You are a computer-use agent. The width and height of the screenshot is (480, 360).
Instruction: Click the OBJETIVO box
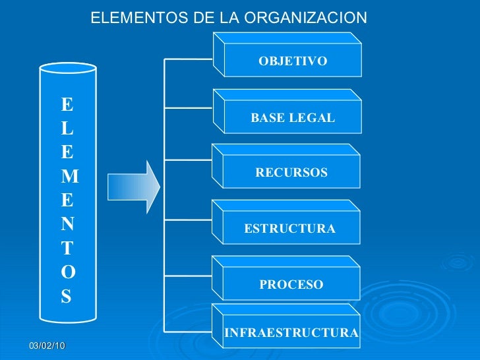[x=292, y=61]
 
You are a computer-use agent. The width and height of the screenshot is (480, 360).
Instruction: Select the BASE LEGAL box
[x=292, y=118]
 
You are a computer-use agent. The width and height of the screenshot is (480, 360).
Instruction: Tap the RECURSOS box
[x=291, y=173]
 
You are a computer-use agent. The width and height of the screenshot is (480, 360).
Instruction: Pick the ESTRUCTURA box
[x=290, y=229]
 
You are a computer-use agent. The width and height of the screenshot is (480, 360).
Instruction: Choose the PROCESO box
[x=291, y=285]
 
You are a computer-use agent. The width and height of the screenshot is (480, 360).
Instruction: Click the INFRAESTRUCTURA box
[x=291, y=333]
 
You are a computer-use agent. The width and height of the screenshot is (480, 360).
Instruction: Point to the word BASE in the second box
[x=266, y=118]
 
